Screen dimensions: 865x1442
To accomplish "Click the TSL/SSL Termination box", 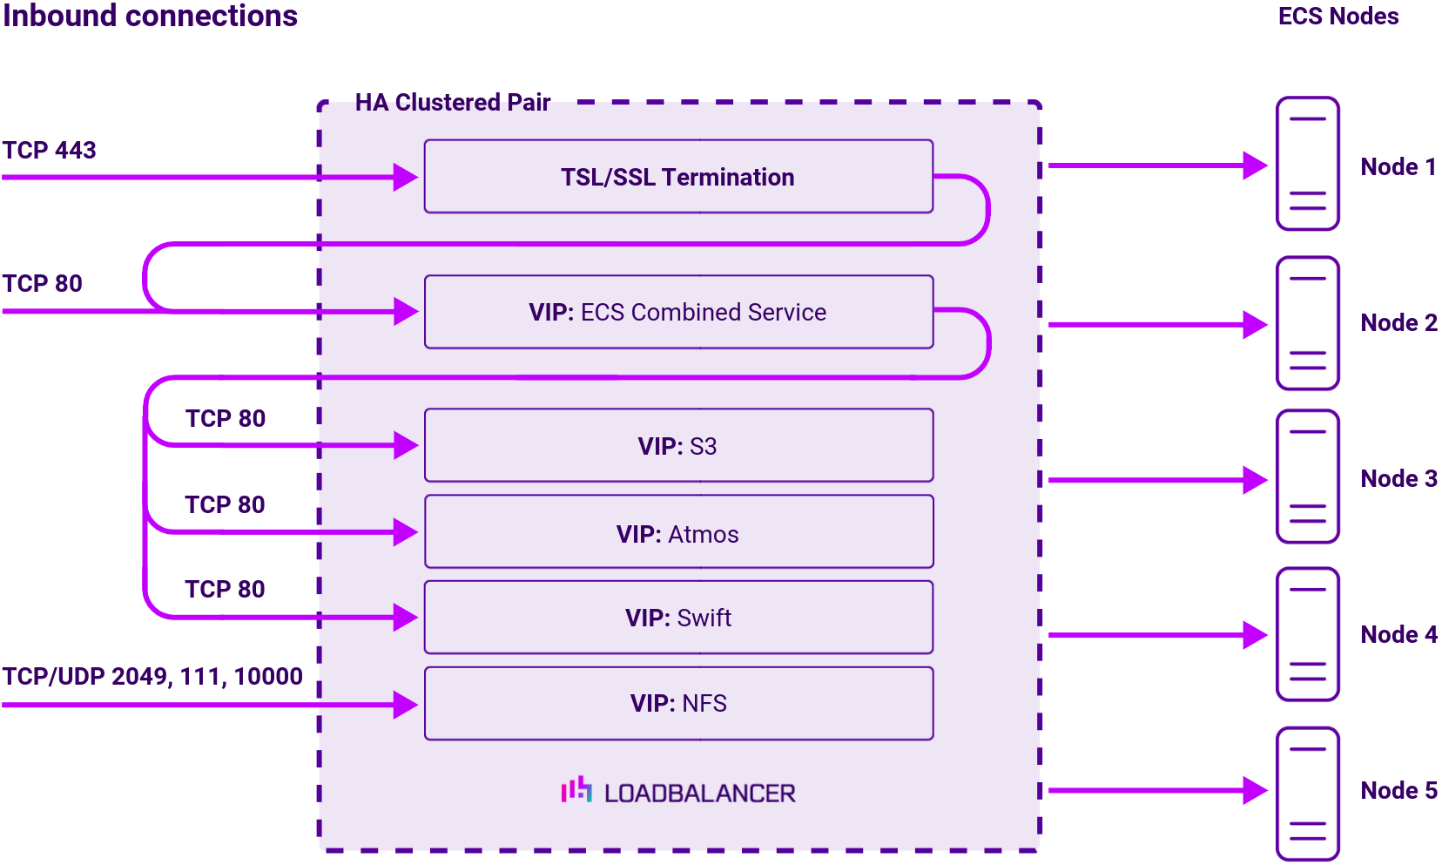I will coord(678,177).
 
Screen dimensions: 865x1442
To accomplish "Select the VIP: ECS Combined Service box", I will coord(678,312).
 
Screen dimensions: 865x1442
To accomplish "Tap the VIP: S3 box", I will coord(678,446).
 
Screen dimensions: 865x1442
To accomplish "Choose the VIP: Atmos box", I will coord(678,533).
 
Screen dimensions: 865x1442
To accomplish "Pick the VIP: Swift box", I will coord(678,618).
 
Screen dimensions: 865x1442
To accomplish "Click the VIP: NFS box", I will coord(678,703).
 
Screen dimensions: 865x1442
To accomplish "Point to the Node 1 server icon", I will coord(1307,164).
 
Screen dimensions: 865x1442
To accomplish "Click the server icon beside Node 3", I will coord(1307,477).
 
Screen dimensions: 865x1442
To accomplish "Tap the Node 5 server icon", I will coord(1307,794).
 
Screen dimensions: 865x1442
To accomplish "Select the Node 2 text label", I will coord(1398,323).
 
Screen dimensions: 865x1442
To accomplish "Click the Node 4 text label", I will coord(1398,635).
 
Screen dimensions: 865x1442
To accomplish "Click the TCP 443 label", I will coord(49,151).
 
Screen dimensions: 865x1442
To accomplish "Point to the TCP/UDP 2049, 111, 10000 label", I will coord(152,677).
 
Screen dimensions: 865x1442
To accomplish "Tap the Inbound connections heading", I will coord(150,17).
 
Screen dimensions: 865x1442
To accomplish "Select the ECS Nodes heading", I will coord(1338,17).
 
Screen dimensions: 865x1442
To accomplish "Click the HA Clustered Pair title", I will coord(453,103).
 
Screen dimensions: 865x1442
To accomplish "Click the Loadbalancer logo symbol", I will coord(576,790).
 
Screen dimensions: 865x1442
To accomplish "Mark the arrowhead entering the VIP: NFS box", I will coord(405,704).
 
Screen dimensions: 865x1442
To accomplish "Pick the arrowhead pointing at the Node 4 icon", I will coord(1254,635).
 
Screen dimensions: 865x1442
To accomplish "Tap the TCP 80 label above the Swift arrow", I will coord(225,590).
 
